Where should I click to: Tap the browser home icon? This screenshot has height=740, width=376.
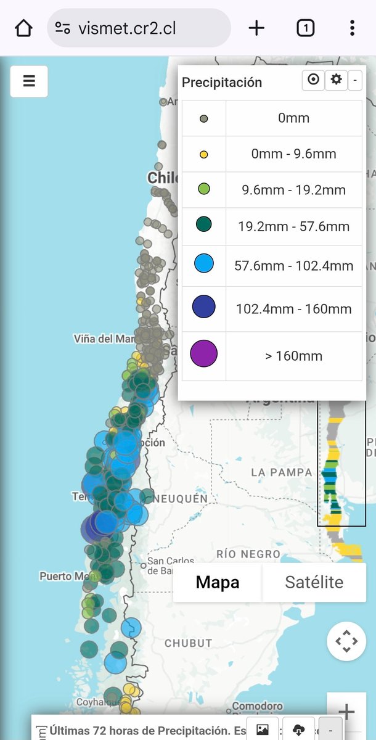(x=23, y=28)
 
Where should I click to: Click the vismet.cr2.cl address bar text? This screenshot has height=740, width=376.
(x=127, y=28)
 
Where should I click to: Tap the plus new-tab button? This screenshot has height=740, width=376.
(x=256, y=28)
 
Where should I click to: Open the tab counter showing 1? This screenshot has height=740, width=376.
(x=305, y=28)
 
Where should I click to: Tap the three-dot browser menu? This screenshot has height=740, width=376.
(x=352, y=28)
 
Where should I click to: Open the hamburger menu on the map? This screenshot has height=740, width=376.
(x=29, y=81)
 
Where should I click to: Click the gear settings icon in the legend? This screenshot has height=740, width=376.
(x=336, y=80)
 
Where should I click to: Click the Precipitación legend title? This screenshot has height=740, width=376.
(x=222, y=83)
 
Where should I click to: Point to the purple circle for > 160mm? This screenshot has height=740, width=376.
(x=204, y=356)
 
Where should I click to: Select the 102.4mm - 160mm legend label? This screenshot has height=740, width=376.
(x=293, y=308)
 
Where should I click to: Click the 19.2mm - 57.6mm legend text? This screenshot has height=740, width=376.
(x=293, y=226)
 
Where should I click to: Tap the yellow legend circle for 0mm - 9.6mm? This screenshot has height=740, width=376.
(x=203, y=154)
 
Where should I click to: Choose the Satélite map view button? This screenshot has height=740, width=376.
(x=314, y=583)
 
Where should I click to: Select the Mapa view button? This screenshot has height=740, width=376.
(x=218, y=583)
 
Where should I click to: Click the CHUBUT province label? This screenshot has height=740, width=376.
(x=188, y=643)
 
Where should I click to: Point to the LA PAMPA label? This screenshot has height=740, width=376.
(x=282, y=472)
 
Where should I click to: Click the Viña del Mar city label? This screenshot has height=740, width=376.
(x=104, y=339)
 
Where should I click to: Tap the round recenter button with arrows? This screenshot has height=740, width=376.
(x=346, y=642)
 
